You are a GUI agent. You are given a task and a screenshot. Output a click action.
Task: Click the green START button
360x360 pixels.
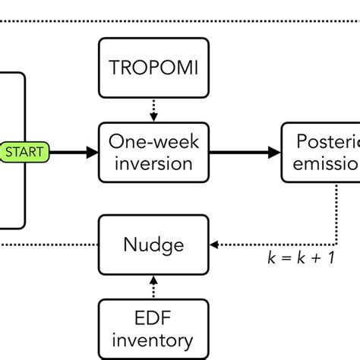(x=25, y=152)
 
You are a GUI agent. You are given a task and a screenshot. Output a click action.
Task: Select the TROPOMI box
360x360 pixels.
(x=153, y=67)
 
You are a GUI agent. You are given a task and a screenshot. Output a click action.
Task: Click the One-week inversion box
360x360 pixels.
(x=153, y=152)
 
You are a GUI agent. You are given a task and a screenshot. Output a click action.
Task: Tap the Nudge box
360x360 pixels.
(x=153, y=245)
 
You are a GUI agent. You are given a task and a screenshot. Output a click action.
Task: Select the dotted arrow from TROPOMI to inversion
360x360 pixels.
(x=153, y=109)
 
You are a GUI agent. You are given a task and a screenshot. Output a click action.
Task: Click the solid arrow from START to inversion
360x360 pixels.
(x=72, y=152)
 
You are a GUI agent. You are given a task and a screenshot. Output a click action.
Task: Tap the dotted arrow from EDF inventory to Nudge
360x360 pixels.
(x=153, y=287)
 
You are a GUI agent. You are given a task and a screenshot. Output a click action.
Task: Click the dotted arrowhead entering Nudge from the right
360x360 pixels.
(x=214, y=245)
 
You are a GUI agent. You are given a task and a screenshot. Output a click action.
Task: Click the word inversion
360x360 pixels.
(x=153, y=163)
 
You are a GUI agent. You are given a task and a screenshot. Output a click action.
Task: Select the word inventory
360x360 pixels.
(x=153, y=341)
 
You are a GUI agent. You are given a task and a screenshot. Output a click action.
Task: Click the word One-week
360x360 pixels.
(x=153, y=141)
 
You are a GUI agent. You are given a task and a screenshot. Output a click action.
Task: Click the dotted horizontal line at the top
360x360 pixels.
(x=180, y=21)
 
